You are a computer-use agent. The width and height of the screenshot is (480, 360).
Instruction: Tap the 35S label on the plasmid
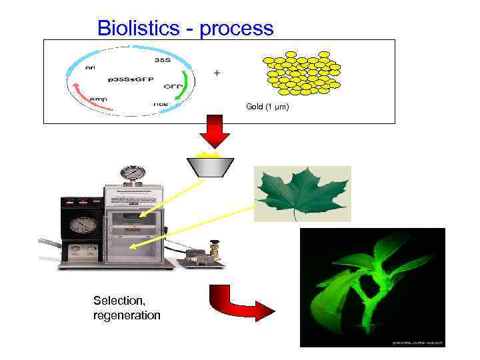pyautogui.click(x=162, y=59)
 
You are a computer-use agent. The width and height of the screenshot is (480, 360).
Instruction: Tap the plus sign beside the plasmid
pyautogui.click(x=215, y=72)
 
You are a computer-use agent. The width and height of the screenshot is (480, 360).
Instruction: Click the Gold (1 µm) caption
pyautogui.click(x=267, y=107)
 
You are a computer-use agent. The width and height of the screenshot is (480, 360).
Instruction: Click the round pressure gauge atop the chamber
pyautogui.click(x=134, y=173)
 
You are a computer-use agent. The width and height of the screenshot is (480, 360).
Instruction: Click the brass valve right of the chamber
pyautogui.click(x=214, y=249)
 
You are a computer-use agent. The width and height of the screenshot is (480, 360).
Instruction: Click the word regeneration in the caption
pyautogui.click(x=127, y=315)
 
